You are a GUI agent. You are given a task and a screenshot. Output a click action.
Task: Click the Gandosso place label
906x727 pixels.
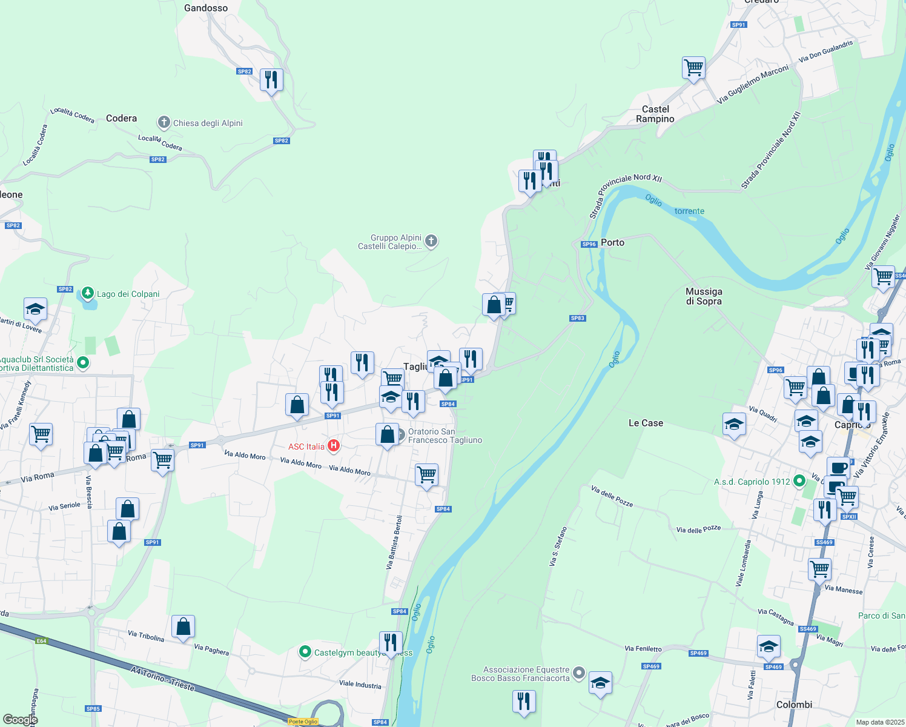(206, 8)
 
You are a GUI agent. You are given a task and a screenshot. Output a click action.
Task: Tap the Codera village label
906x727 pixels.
(121, 118)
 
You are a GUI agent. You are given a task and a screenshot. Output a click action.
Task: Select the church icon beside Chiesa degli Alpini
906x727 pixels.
(164, 122)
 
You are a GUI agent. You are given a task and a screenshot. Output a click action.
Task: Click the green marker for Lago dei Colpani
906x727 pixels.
(88, 294)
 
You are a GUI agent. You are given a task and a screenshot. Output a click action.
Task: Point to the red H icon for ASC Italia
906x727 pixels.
(333, 446)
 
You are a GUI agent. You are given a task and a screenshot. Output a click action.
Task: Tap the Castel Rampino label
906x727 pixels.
(655, 114)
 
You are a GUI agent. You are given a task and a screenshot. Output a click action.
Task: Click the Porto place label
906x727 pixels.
(612, 242)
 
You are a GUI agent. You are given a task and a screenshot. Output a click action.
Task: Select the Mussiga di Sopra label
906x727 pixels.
(704, 296)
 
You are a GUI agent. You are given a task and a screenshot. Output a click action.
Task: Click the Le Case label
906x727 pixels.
(646, 423)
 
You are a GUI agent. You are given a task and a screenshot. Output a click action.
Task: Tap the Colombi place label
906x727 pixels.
(794, 705)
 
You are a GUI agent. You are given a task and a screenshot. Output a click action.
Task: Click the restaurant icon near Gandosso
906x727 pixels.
(271, 79)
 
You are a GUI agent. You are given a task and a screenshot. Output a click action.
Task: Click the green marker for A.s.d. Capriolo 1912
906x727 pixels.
(799, 481)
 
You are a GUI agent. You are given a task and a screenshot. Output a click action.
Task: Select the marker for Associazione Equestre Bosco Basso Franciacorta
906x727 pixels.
(579, 672)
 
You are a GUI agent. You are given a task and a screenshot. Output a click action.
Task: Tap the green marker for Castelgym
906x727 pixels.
(305, 652)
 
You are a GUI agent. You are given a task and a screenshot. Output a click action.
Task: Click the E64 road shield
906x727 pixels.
(41, 641)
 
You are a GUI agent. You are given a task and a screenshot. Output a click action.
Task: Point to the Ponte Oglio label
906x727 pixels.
(303, 722)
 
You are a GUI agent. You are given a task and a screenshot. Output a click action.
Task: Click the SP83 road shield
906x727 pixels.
(577, 318)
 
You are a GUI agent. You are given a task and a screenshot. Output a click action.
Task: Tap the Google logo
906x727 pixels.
(20, 719)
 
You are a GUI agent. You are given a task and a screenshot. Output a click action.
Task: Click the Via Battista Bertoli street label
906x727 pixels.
(394, 542)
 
